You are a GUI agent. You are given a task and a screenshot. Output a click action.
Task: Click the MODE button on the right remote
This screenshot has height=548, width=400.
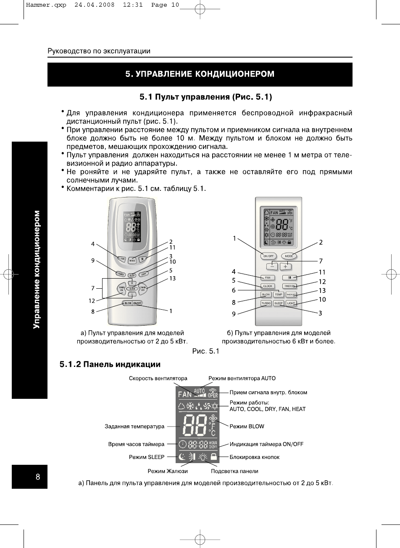click(289, 256)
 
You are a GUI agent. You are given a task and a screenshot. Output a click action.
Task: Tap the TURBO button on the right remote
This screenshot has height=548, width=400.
click(266, 303)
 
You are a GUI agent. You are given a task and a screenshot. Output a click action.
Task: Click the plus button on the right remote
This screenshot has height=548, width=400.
click(285, 266)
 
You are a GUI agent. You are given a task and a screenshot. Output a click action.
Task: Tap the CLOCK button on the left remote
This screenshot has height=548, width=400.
click(132, 289)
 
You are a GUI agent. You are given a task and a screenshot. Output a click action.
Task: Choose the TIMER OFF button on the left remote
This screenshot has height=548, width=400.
click(143, 289)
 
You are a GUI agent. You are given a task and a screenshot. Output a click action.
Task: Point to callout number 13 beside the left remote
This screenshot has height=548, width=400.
click(172, 278)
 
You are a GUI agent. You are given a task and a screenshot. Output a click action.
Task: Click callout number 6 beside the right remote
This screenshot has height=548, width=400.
click(234, 290)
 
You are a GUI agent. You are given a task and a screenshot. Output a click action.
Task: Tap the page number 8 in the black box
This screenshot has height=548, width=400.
click(38, 477)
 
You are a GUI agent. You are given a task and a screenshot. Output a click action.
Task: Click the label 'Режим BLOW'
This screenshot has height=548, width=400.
click(247, 426)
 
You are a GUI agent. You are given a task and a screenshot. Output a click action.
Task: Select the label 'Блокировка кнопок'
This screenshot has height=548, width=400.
click(255, 457)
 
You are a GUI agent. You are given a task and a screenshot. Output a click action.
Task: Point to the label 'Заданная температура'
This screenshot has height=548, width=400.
click(134, 427)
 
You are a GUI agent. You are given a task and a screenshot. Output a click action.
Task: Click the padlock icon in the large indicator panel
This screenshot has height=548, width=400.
click(214, 457)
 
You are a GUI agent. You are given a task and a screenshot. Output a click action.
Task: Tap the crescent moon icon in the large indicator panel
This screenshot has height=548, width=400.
click(182, 457)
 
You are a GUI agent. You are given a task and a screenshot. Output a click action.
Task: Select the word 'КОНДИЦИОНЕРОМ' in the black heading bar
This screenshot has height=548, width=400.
click(234, 74)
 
